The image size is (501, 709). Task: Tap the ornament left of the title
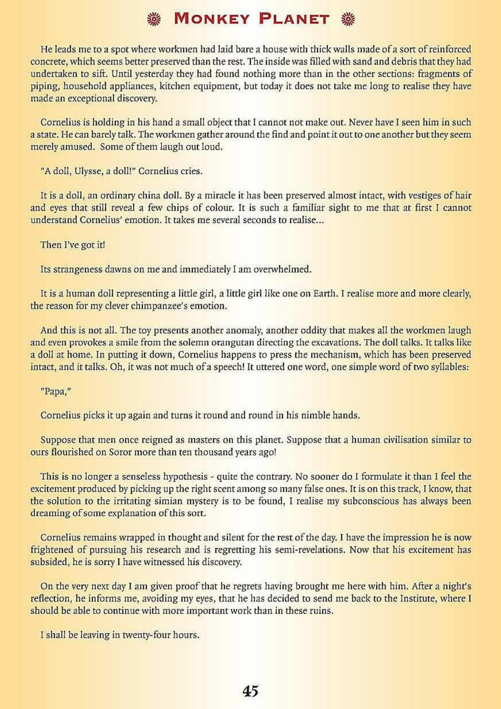point(153,19)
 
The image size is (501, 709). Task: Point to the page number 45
point(250,683)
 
